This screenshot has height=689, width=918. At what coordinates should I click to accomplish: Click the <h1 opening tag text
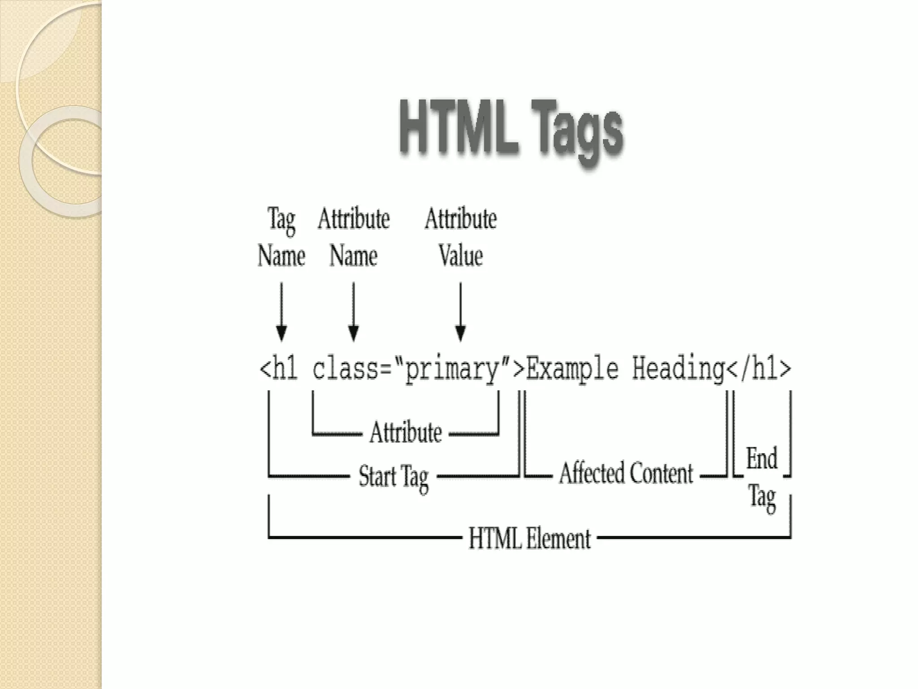click(279, 369)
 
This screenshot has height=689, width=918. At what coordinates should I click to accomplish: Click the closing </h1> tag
click(758, 369)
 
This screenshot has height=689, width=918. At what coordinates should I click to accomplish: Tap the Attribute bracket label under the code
click(406, 432)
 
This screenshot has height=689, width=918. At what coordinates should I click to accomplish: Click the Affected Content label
click(626, 474)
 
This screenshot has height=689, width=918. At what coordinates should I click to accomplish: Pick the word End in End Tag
click(762, 459)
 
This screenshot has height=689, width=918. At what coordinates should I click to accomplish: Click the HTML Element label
click(529, 538)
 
